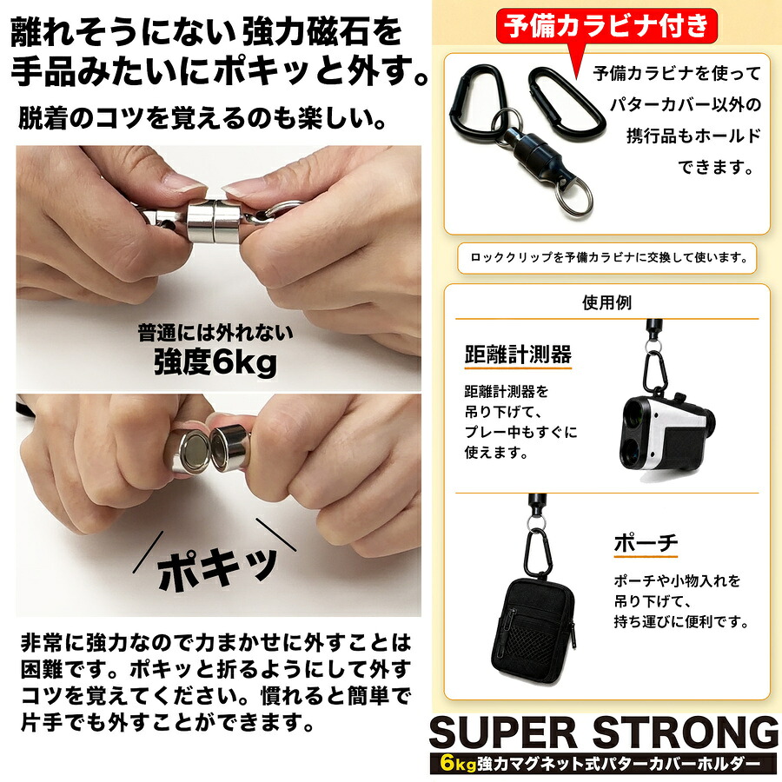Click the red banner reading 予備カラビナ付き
(606, 25)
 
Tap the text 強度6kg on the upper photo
(215, 361)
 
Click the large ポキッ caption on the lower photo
(217, 567)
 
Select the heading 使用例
(606, 302)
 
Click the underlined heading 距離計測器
(518, 355)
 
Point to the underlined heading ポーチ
(646, 543)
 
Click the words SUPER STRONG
(605, 732)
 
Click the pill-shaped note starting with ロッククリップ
(607, 258)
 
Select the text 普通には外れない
(215, 332)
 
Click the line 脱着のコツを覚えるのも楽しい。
(202, 118)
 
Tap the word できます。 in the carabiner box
(716, 167)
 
